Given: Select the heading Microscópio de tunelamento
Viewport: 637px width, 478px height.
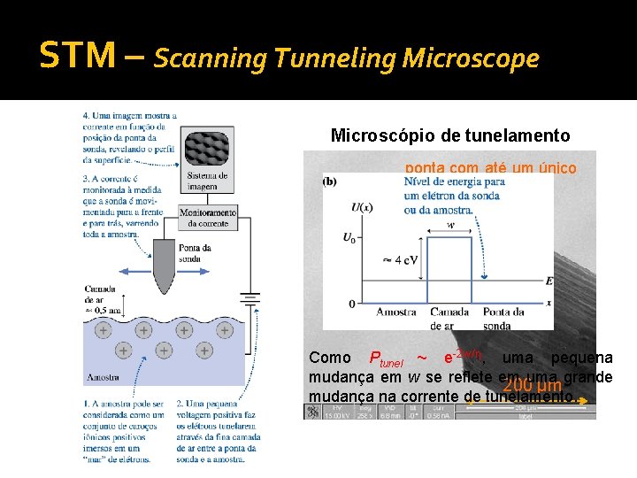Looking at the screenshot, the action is click(450, 135).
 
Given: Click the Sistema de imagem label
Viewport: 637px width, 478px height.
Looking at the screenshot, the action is click(207, 181).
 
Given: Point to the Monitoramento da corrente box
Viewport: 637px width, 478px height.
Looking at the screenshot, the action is click(207, 218).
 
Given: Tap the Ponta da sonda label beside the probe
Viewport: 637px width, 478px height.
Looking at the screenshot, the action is click(194, 253).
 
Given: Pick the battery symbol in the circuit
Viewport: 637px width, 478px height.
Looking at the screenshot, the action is click(252, 299).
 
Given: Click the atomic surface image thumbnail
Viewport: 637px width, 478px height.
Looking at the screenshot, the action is click(207, 142).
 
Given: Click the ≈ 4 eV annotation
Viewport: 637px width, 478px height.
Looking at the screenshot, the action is click(400, 260).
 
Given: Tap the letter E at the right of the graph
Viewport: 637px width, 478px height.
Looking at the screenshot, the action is click(549, 281).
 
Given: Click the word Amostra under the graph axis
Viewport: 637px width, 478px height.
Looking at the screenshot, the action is click(395, 312).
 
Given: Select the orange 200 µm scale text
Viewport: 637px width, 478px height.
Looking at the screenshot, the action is click(530, 386).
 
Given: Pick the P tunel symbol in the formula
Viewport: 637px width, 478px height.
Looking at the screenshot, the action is click(382, 358).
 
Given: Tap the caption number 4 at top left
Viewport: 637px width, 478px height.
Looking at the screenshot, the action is click(86, 115).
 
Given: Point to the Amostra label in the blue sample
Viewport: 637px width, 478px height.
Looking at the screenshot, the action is click(104, 377).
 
